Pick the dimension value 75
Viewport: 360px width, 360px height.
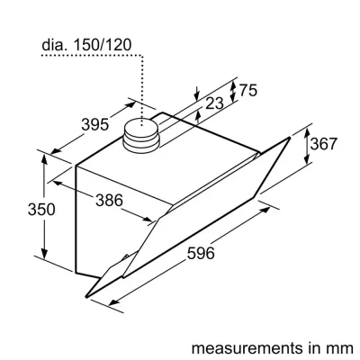(x=249, y=90)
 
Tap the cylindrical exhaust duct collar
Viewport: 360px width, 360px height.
(x=139, y=136)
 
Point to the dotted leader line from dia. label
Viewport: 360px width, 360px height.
(x=141, y=81)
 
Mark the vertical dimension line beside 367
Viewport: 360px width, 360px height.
(x=308, y=147)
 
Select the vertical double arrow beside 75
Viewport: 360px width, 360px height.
(x=233, y=90)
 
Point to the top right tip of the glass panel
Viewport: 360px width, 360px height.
(x=291, y=137)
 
